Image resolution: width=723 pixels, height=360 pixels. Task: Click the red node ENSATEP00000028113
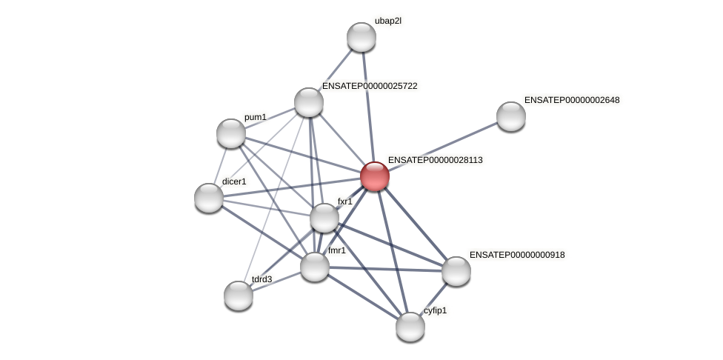(375, 176)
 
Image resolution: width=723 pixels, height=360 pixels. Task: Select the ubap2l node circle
(361, 37)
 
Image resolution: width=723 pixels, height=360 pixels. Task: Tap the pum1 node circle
(231, 133)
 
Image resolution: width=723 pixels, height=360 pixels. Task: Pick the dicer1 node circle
(209, 198)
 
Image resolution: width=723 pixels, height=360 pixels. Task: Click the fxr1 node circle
(324, 218)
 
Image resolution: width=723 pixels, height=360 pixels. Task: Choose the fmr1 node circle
(315, 267)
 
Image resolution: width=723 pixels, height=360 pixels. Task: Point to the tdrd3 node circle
(239, 296)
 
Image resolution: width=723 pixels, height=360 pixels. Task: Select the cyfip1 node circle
(410, 327)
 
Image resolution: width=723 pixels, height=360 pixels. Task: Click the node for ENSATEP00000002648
(511, 116)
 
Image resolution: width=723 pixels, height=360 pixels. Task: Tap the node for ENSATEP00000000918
(456, 271)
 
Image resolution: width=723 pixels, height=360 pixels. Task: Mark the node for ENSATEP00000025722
(309, 102)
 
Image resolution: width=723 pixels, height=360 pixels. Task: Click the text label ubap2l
(387, 21)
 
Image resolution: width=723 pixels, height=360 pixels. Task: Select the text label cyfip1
(435, 310)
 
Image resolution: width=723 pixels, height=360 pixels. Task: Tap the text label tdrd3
(261, 279)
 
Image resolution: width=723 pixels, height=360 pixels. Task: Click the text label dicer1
(233, 181)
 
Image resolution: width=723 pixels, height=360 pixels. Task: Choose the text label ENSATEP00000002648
(571, 100)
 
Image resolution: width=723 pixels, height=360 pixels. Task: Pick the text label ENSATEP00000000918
(517, 255)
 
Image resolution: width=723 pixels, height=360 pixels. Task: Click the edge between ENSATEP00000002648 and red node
(443, 146)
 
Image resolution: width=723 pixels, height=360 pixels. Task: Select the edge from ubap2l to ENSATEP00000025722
(336, 70)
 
